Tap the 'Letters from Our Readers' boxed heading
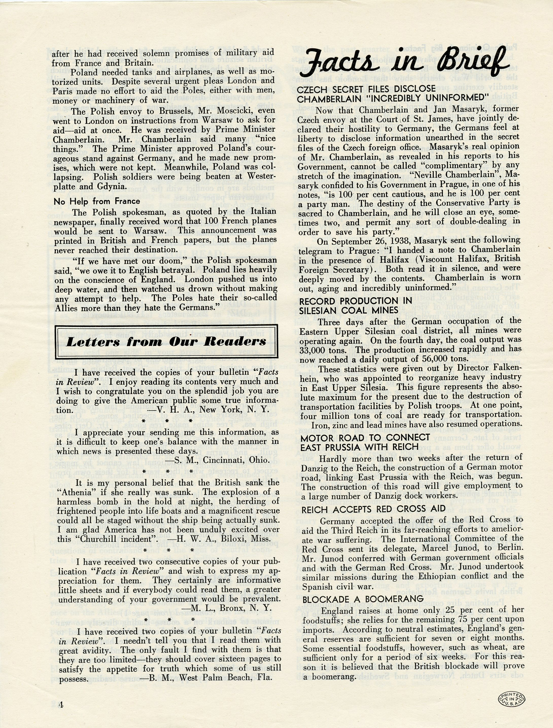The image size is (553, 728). coord(166,342)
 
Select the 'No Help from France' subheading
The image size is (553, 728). coord(97,201)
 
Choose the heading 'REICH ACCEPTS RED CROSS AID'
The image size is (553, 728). coord(373,509)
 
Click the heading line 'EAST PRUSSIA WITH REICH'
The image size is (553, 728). coord(359,447)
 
